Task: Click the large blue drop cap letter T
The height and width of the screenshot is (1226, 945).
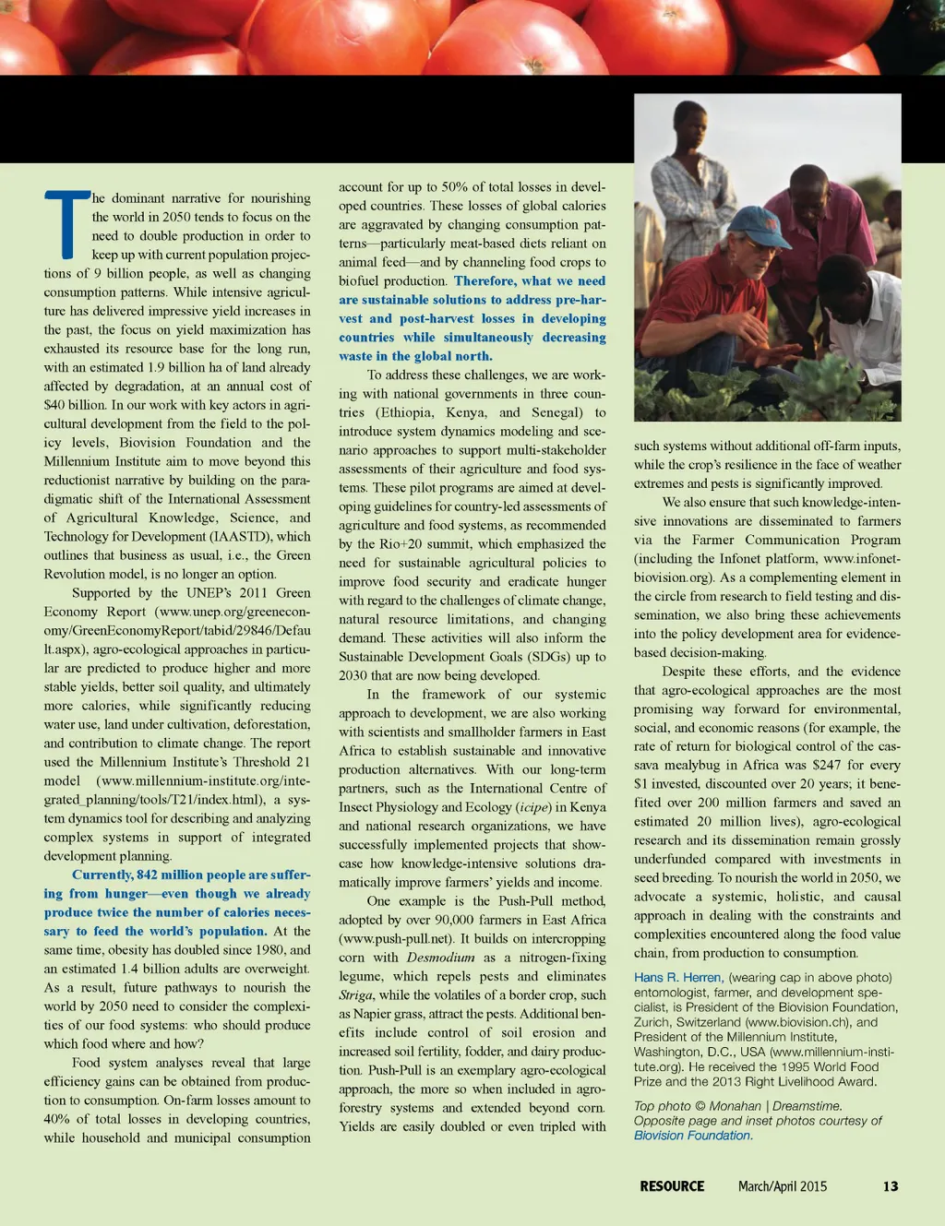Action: pyautogui.click(x=67, y=223)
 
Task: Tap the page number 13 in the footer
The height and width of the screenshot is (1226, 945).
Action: pyautogui.click(x=890, y=1186)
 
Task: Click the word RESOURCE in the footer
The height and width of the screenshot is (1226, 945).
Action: pyautogui.click(x=672, y=1186)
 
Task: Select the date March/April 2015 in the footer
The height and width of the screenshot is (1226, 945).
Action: pyautogui.click(x=782, y=1186)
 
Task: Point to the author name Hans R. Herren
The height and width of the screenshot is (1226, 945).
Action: pyautogui.click(x=677, y=978)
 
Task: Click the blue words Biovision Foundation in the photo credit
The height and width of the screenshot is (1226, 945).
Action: pyautogui.click(x=692, y=1136)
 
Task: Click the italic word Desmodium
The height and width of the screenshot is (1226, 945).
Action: pyautogui.click(x=440, y=958)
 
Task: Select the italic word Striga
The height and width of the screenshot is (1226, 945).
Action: pyautogui.click(x=355, y=995)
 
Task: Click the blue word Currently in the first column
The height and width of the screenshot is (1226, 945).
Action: pyautogui.click(x=102, y=875)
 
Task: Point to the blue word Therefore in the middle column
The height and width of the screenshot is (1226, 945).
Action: pyautogui.click(x=484, y=281)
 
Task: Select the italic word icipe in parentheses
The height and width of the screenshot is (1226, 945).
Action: pyautogui.click(x=534, y=807)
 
